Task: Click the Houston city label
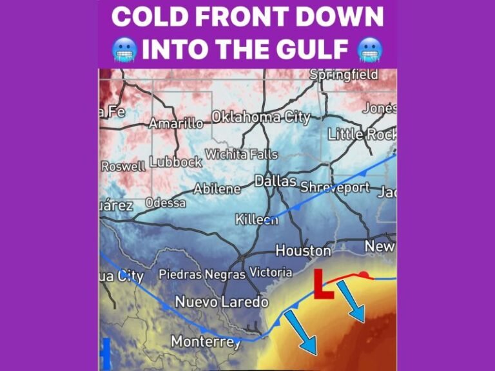303,250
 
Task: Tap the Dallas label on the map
275,181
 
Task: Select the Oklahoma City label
261,117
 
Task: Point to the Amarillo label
176,123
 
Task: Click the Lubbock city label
176,162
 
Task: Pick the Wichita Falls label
241,155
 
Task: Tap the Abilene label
217,189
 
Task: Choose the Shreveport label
335,187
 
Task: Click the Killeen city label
257,220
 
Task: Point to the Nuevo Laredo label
221,301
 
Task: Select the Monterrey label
206,341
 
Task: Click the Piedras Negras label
202,274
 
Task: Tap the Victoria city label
271,272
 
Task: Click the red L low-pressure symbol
322,285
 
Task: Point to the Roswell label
123,166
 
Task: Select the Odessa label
165,202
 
